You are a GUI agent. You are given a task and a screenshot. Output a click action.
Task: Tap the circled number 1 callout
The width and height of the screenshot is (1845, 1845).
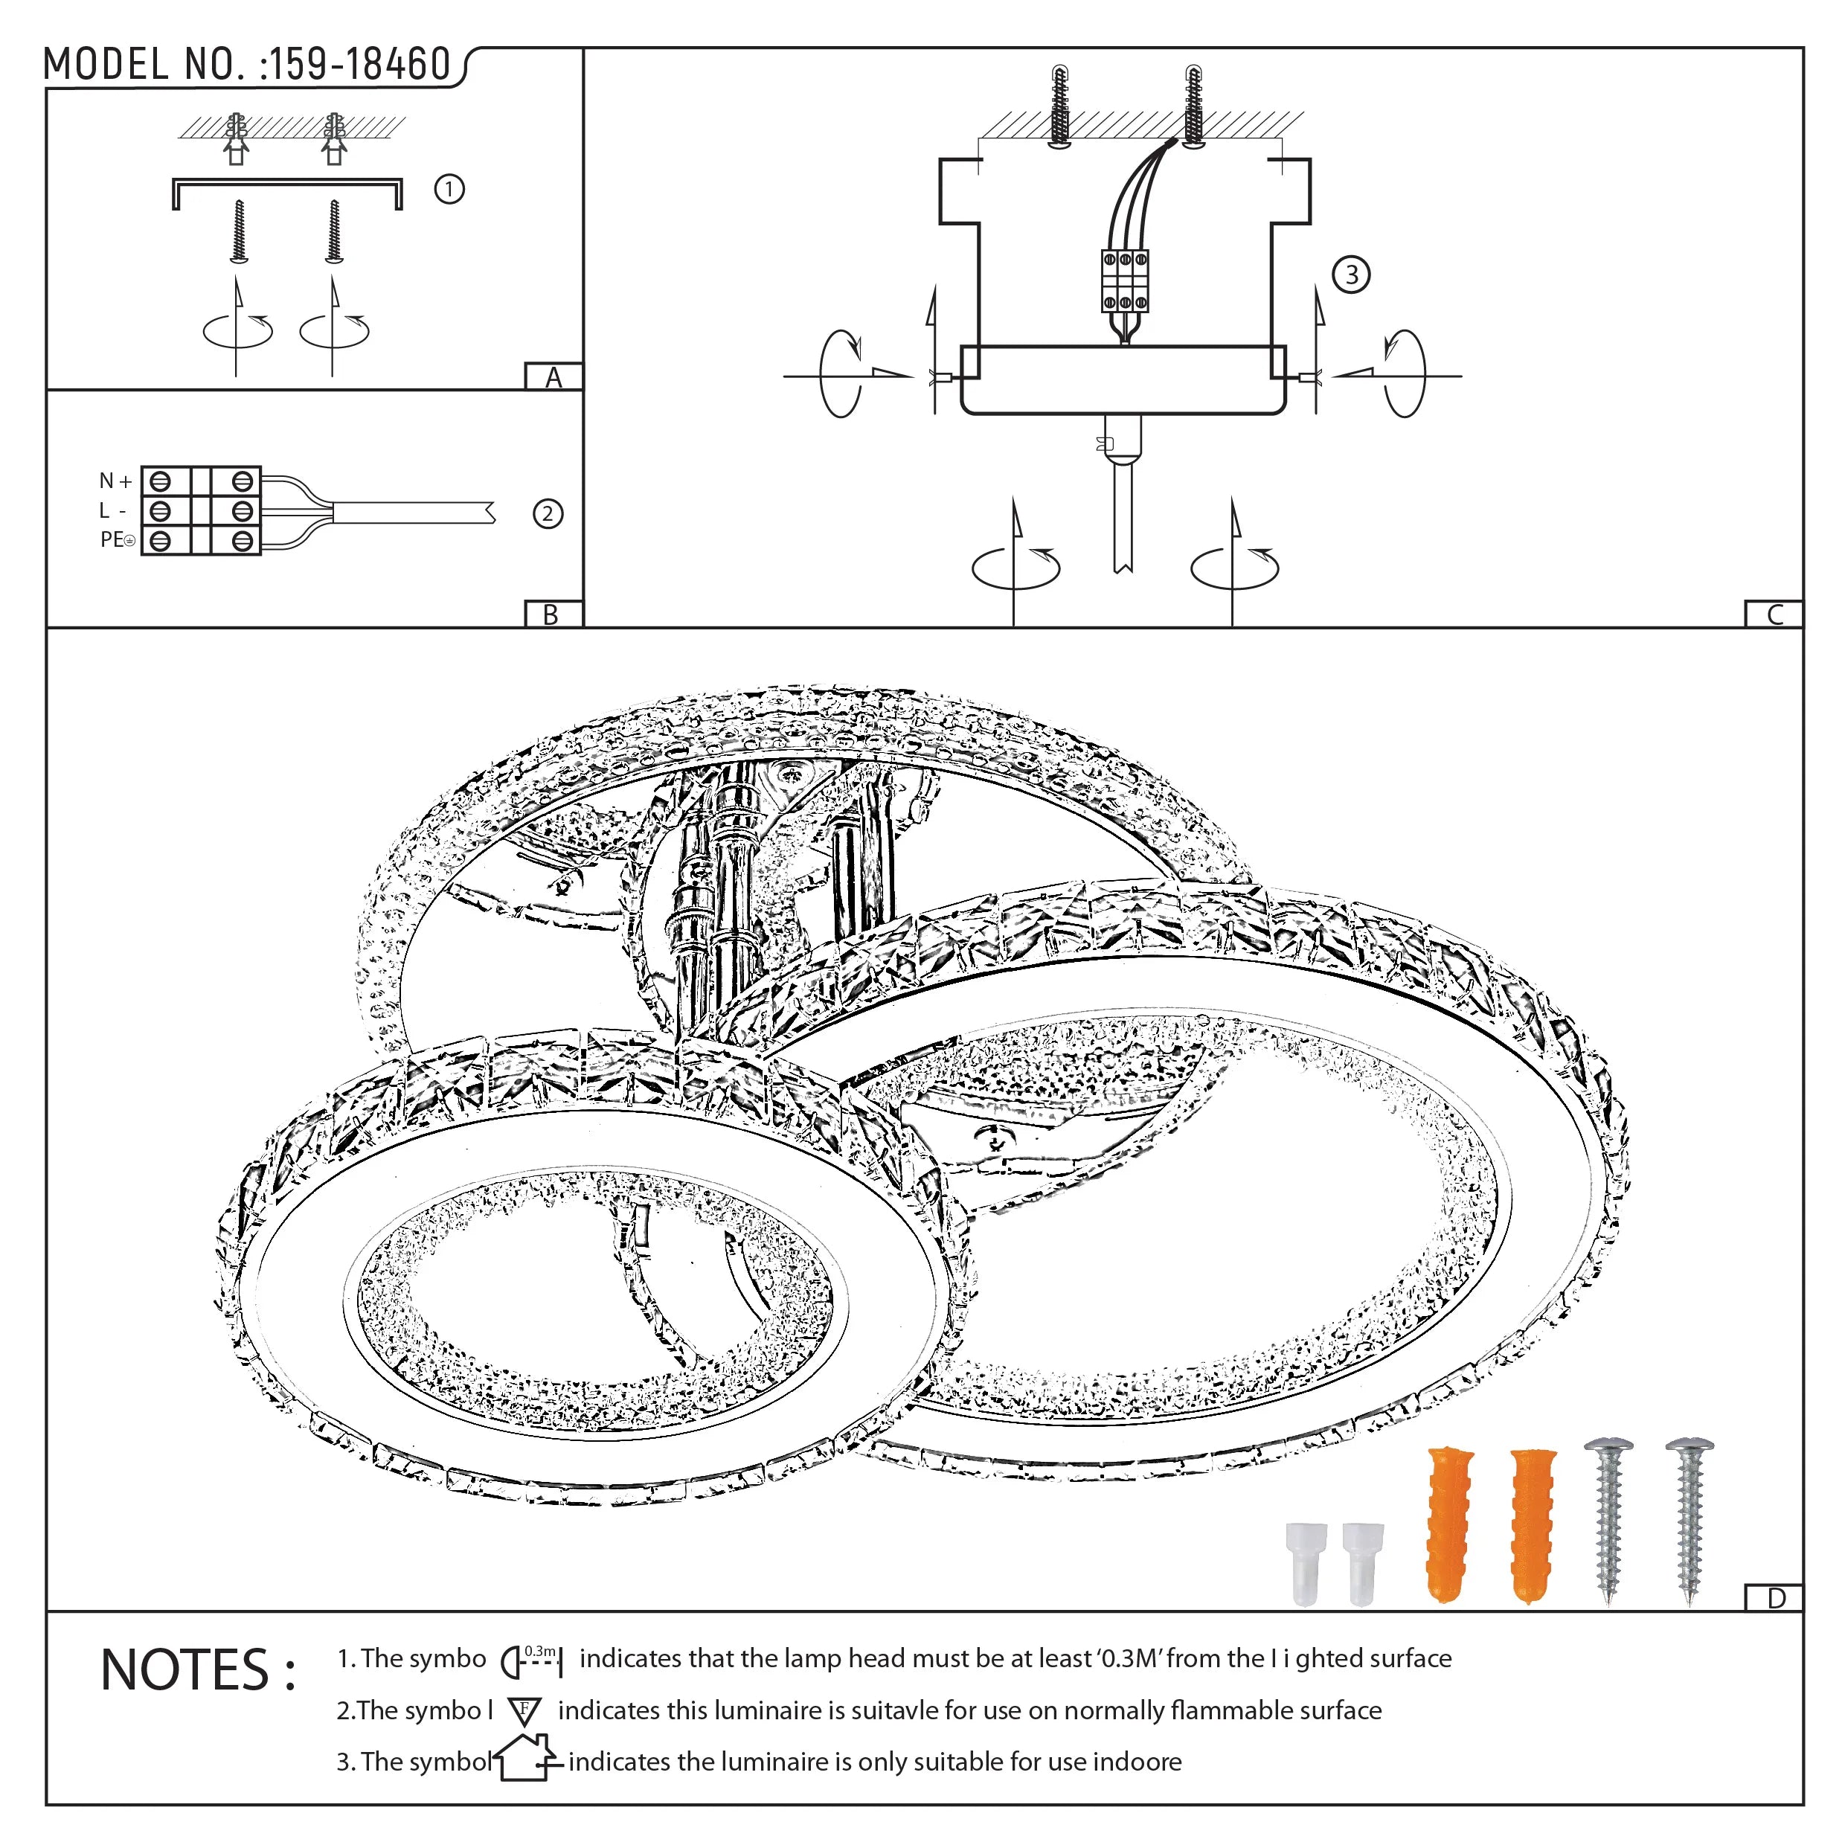coord(449,189)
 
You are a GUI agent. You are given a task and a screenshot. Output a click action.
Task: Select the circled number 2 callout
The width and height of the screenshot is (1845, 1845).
coord(548,514)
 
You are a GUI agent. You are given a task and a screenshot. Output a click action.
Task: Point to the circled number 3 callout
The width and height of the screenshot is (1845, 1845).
coord(1350,275)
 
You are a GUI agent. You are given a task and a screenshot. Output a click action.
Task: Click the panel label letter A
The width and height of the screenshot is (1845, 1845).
coord(553,378)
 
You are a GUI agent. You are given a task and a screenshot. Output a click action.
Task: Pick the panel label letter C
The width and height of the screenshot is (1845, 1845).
coord(1774,615)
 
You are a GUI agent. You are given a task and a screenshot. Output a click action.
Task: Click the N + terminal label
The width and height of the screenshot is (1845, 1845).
coord(115,481)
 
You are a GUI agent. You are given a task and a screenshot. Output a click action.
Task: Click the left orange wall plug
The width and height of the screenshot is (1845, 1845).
coord(1448,1524)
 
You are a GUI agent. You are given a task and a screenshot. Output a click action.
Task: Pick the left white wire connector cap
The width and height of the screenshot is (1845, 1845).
coord(1306,1563)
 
